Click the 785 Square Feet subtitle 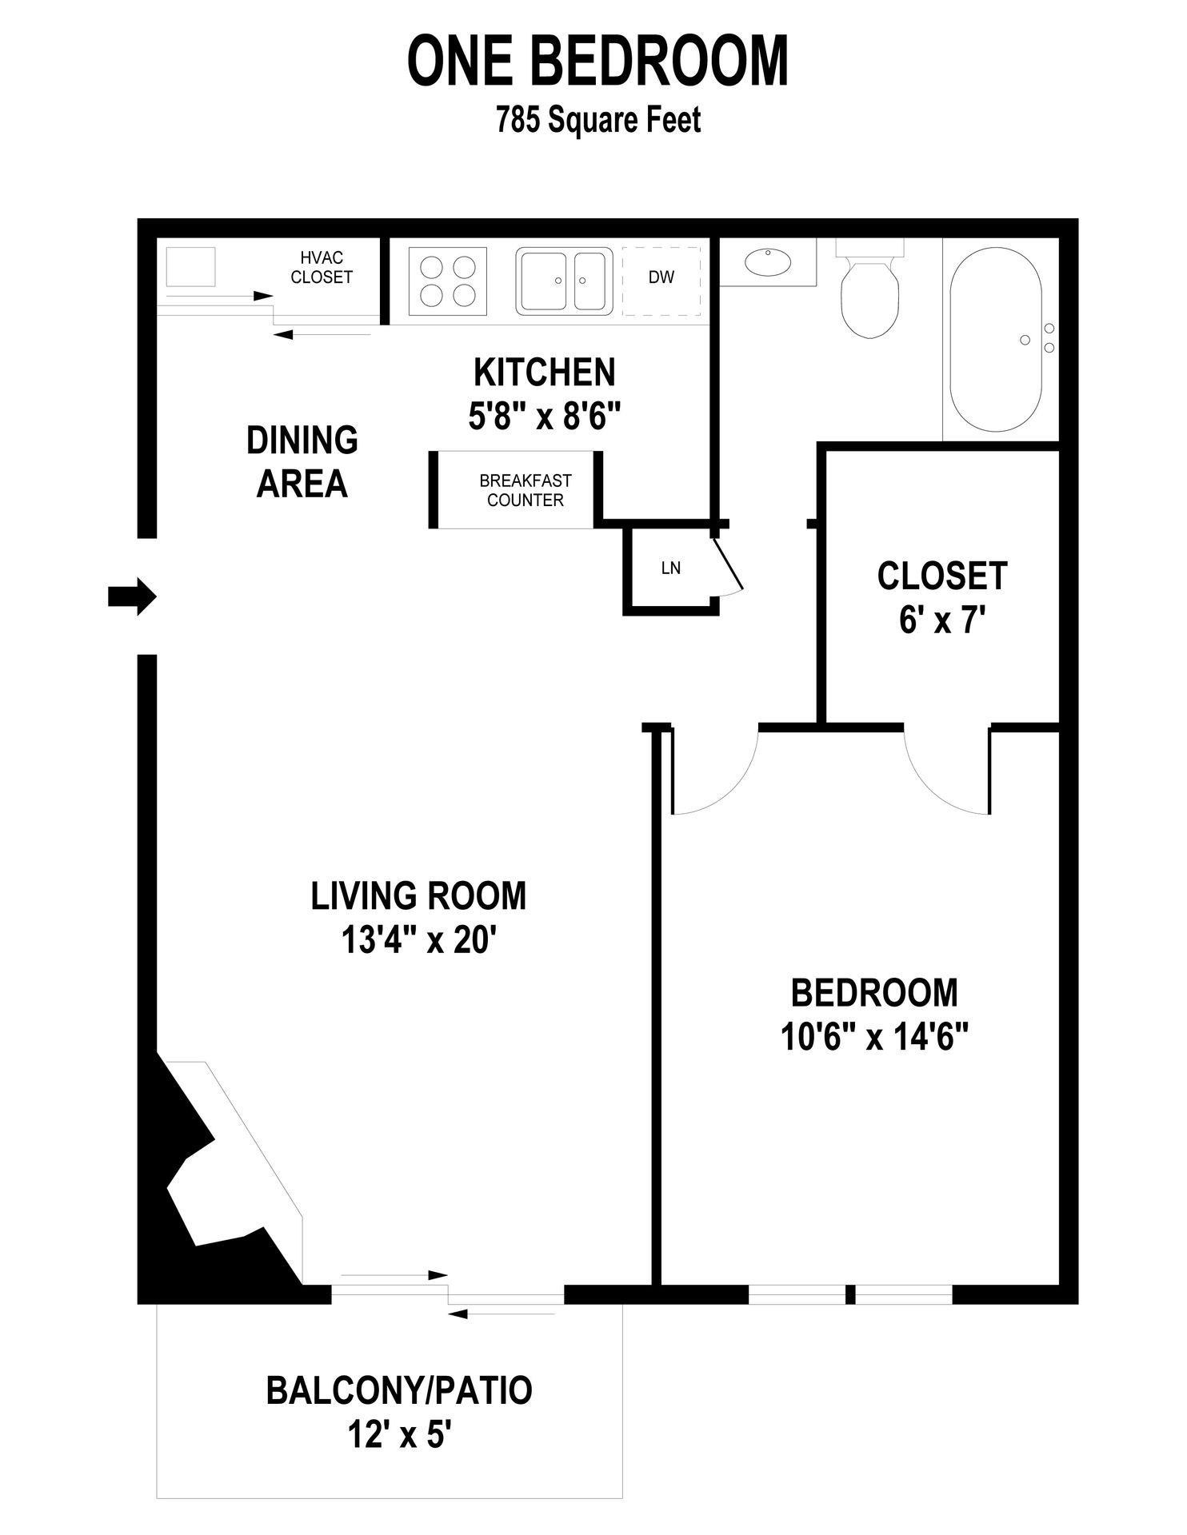(598, 121)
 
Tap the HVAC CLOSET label (321, 267)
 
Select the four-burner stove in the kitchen (448, 281)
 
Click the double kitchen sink (564, 280)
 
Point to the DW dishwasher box (661, 279)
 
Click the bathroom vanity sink (767, 261)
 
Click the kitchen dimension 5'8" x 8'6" (544, 416)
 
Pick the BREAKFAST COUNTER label (526, 490)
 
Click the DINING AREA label (302, 462)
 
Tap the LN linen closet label (670, 568)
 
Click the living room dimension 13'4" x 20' (419, 940)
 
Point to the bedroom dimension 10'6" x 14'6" (874, 1038)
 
